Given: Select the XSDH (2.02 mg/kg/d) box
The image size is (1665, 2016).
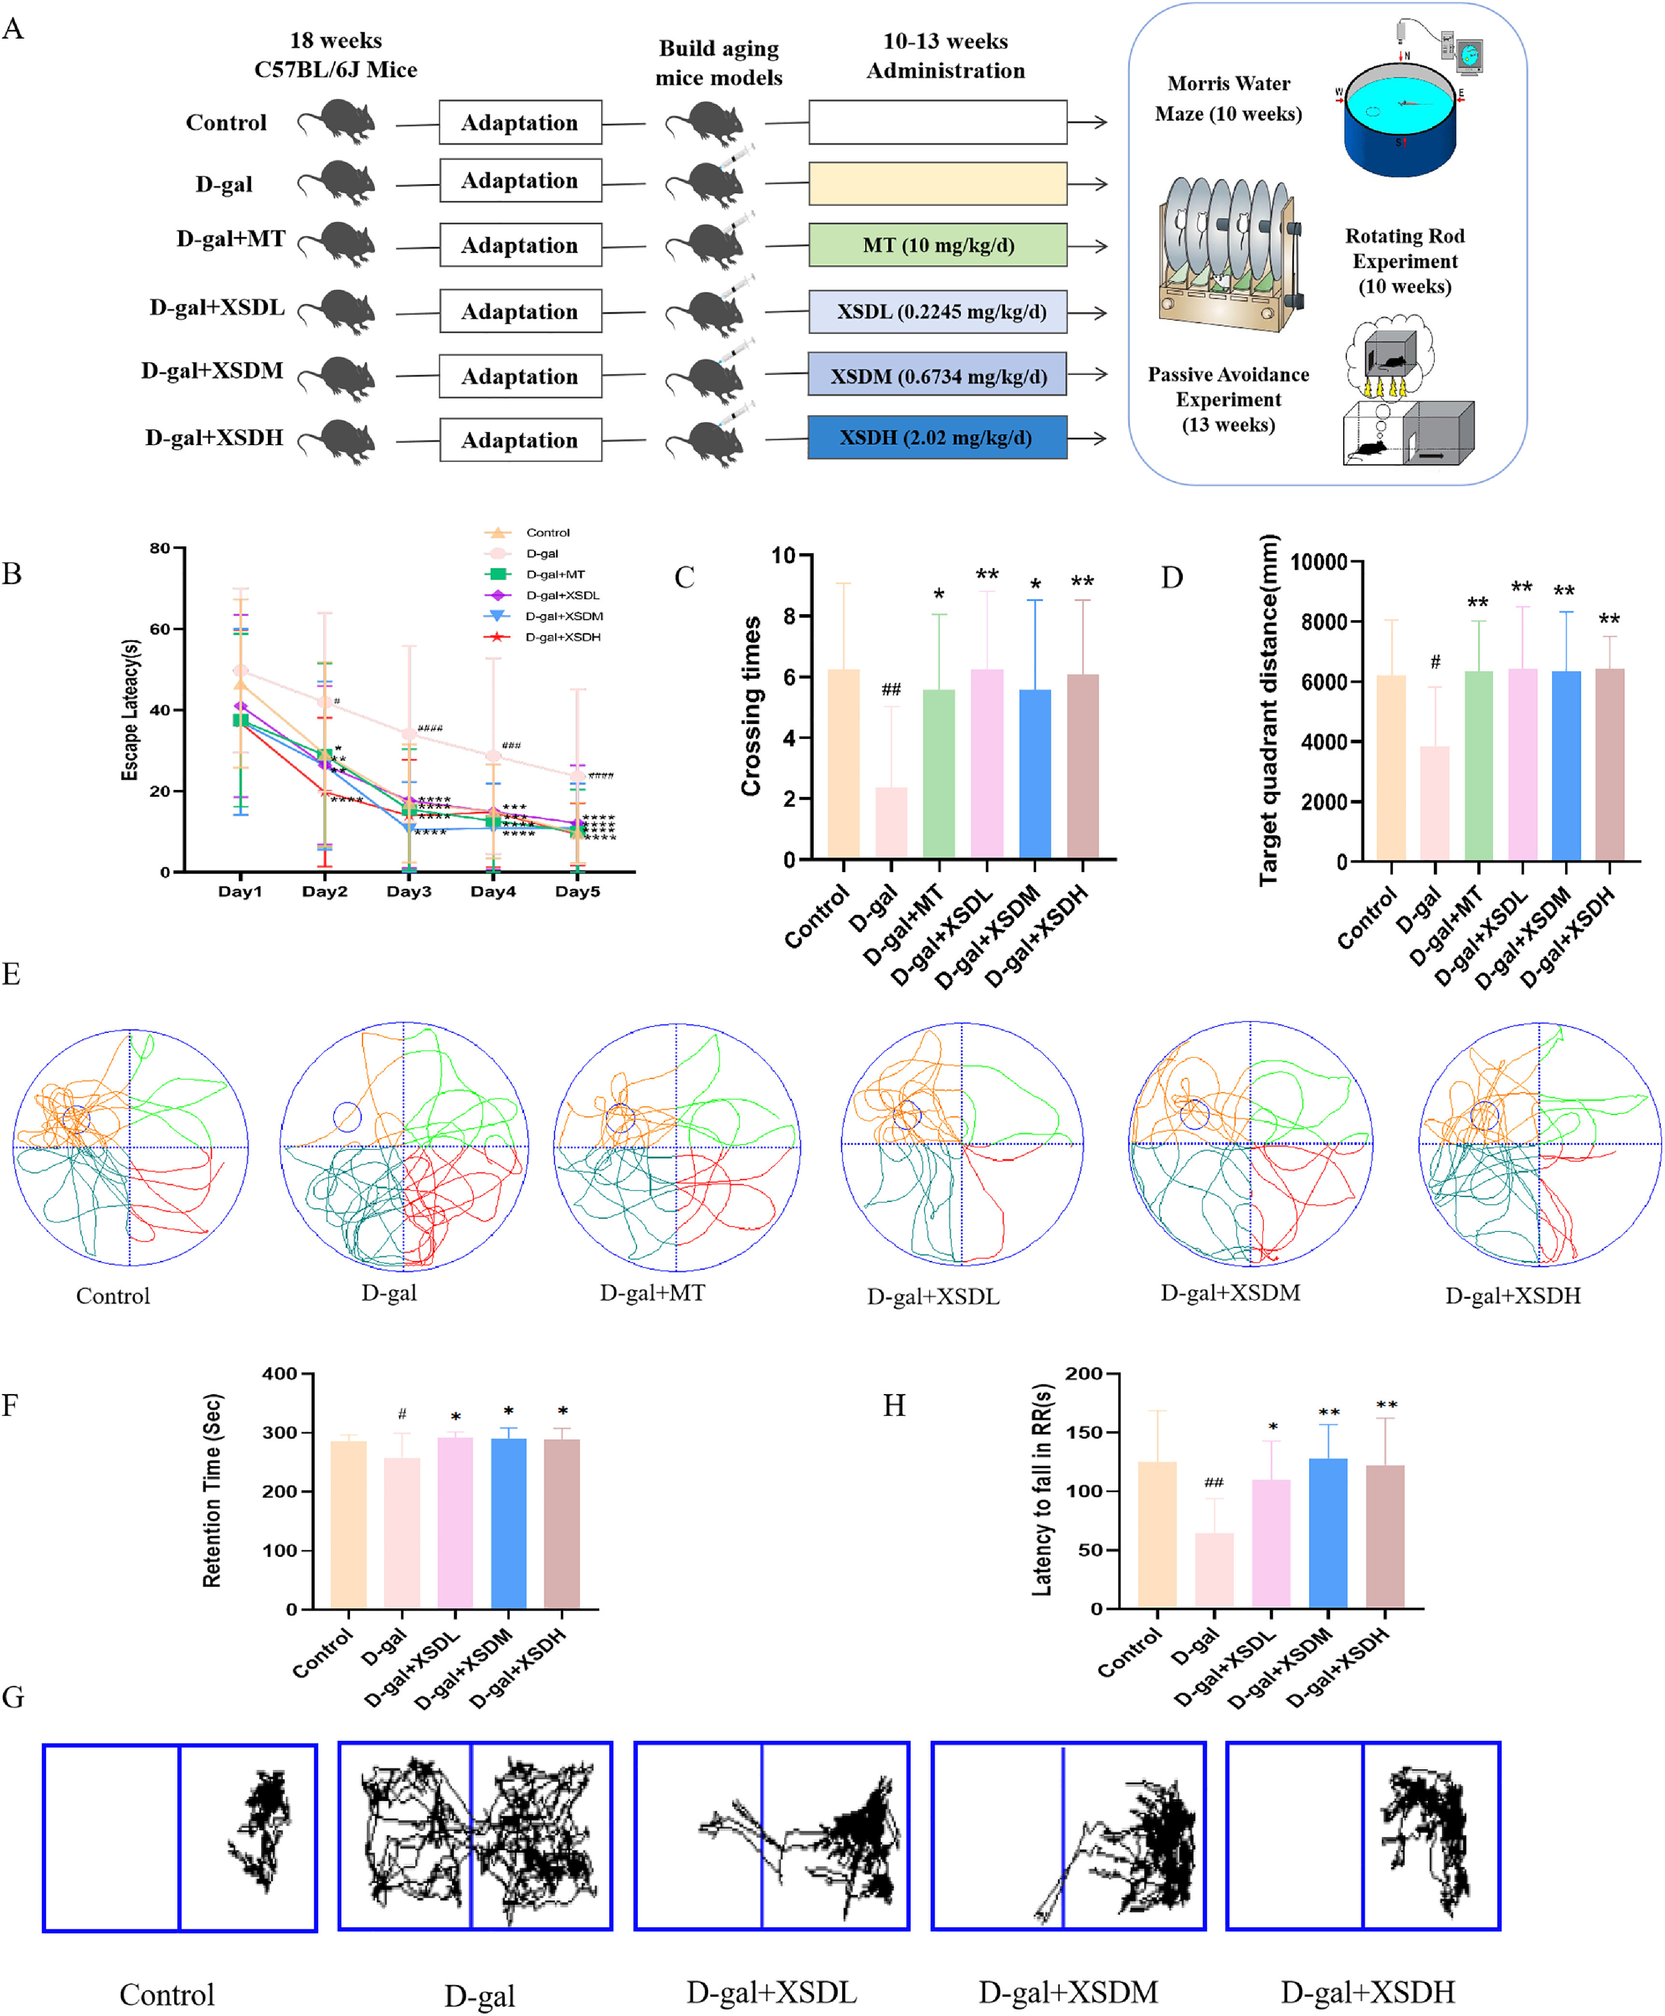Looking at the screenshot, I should [937, 437].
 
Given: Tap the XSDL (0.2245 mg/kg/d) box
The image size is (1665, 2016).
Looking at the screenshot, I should [937, 312].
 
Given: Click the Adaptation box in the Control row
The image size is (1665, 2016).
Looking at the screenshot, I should [520, 123].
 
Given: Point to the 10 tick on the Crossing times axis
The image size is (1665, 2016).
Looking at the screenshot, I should [784, 555].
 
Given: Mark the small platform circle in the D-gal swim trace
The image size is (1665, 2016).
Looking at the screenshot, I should [347, 1116].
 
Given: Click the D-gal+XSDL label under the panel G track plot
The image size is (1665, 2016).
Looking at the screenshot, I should [771, 1992].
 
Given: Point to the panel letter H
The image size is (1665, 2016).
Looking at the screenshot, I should [894, 1406].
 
